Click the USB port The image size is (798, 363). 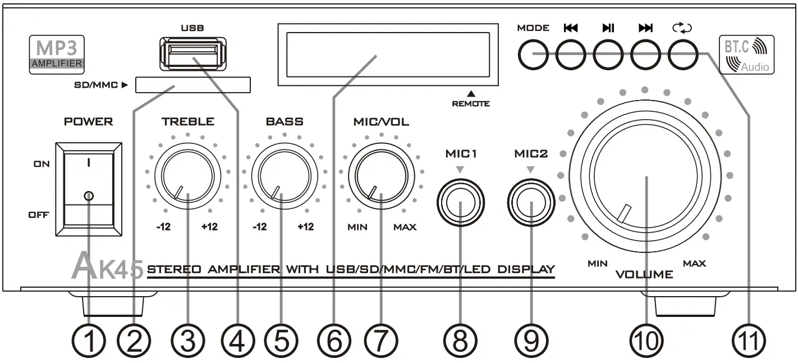pos(192,54)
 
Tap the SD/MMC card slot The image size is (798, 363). pos(194,85)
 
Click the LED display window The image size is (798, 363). pos(387,55)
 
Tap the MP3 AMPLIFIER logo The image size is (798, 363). pos(56,55)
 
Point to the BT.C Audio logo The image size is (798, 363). pos(746,55)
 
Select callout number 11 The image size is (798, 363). pos(750,341)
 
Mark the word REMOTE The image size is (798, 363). pos(471,103)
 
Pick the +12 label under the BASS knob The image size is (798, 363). pos(305,228)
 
